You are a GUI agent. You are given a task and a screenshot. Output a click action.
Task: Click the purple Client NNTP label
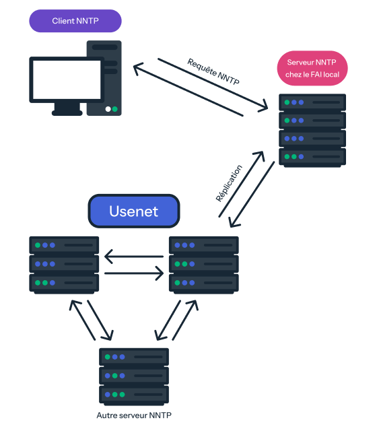point(75,22)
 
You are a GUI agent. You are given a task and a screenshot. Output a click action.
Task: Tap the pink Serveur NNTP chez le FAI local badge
point(312,68)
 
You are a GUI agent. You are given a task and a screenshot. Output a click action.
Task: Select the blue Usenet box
point(134,211)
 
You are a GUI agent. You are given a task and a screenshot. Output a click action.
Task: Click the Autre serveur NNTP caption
point(134,415)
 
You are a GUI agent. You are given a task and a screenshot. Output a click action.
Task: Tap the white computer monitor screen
point(57,79)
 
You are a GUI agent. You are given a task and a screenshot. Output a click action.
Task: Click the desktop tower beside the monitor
point(104,77)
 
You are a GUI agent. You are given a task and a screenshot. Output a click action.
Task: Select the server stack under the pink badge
point(312,129)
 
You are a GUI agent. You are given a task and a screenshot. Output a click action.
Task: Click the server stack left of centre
point(65,264)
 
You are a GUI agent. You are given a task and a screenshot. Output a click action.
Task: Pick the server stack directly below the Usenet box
point(203,264)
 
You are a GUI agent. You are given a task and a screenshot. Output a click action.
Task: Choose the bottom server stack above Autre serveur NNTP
point(134,376)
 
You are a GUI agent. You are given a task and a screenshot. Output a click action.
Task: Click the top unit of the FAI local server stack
point(312,103)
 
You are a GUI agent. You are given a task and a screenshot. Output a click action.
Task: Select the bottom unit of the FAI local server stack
point(312,157)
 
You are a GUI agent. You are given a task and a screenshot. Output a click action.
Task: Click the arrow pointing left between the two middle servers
point(134,257)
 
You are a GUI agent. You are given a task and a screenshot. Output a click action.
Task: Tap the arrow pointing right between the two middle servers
point(134,273)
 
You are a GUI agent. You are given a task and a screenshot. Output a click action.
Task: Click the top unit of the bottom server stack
point(134,357)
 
